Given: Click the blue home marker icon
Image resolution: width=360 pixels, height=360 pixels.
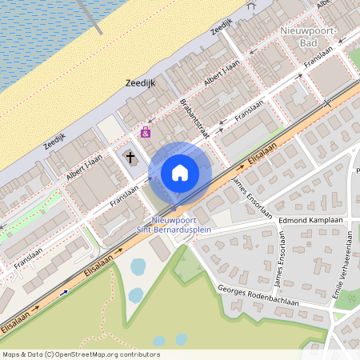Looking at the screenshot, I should point(180,172).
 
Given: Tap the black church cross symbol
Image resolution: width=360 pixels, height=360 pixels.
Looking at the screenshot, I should point(130,158).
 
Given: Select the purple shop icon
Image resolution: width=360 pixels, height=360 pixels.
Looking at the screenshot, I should point(145,132).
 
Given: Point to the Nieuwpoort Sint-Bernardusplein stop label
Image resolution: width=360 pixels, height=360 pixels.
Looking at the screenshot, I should point(180,223).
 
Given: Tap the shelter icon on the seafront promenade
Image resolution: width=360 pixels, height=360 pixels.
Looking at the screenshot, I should point(252,5).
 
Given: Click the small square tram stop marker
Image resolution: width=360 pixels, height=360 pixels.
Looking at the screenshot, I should point(174,207).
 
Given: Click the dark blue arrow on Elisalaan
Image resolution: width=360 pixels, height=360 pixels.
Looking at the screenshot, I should point(64,293).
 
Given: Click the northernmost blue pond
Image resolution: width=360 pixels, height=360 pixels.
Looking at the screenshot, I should point(138,266).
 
